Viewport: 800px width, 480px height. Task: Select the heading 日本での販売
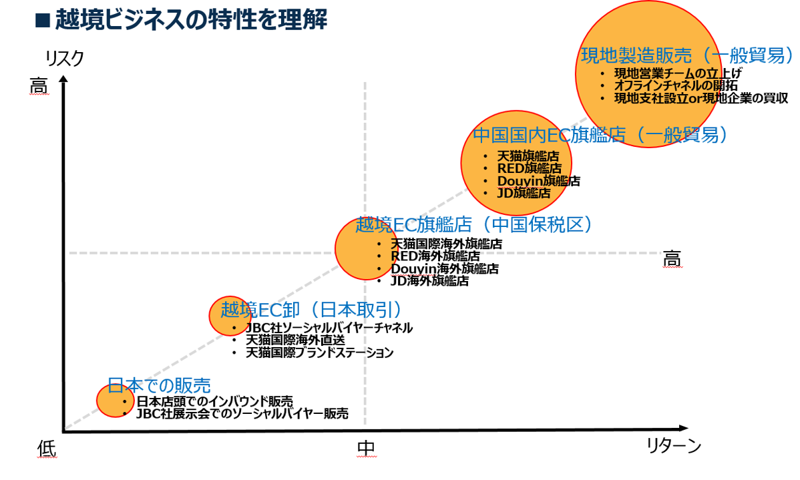tap(159, 385)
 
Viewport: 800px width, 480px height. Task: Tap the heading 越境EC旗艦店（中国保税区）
tap(474, 225)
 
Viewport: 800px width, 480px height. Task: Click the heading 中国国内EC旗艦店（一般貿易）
tap(600, 136)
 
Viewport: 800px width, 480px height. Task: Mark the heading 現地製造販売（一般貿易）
tap(687, 55)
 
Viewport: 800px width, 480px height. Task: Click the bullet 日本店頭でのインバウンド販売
tap(214, 401)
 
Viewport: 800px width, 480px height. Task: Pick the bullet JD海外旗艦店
tap(429, 281)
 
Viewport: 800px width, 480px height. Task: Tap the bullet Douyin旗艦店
tap(538, 180)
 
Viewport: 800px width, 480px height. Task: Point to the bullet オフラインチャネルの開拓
tap(676, 85)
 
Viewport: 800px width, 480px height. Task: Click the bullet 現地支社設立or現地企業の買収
tap(701, 98)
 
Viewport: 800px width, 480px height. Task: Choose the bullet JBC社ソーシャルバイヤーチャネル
tap(329, 328)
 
